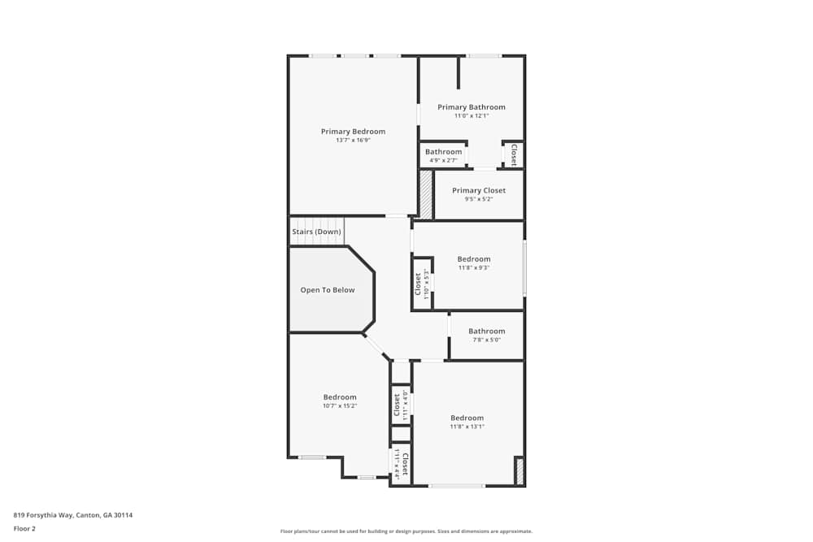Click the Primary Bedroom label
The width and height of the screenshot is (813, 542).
click(353, 132)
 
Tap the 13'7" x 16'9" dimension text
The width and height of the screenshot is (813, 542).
click(353, 141)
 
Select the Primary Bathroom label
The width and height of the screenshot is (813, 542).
click(471, 107)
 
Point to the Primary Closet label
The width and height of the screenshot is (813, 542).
click(479, 191)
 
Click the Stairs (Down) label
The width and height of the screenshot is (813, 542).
click(316, 232)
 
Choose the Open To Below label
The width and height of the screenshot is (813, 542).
click(328, 290)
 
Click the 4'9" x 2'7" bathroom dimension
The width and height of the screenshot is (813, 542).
click(443, 160)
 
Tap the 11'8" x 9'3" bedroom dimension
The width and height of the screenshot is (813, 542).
click(473, 267)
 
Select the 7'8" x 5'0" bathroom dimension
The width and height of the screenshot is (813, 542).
click(486, 340)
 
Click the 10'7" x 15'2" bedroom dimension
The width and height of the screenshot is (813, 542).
click(340, 405)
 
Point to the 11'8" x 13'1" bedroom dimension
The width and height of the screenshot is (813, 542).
click(467, 427)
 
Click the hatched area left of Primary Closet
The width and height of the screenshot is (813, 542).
click(425, 194)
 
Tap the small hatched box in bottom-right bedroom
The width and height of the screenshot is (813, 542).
click(520, 470)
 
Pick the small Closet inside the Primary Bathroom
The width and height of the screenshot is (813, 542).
click(513, 154)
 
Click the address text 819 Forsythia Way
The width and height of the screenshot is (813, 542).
click(72, 515)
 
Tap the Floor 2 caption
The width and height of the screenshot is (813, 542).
click(24, 528)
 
